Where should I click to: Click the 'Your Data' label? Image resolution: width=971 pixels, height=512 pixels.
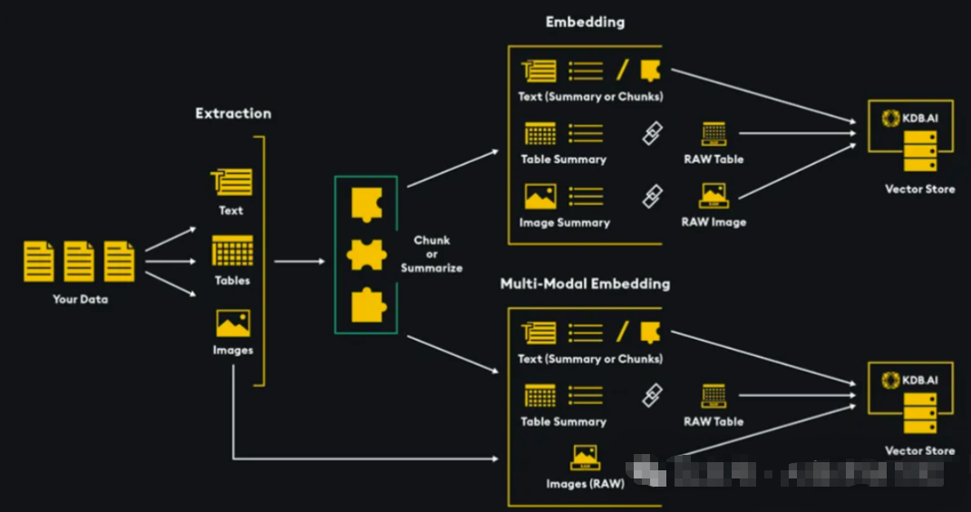(80, 299)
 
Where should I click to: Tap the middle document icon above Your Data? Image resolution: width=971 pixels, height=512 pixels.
(79, 261)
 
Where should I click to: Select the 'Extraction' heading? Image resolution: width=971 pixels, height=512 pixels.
(233, 113)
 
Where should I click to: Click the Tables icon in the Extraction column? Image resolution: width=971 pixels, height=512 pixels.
(232, 250)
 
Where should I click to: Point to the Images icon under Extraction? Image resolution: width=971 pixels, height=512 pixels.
(233, 324)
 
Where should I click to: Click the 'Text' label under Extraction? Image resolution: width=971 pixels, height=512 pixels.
(231, 210)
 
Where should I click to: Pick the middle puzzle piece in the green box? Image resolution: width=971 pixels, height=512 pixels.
(366, 255)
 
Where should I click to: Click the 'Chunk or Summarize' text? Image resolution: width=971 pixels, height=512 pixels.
(432, 255)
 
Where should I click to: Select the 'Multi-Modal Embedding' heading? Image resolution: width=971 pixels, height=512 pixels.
(585, 284)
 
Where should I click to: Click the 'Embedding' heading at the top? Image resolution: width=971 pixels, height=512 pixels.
(585, 22)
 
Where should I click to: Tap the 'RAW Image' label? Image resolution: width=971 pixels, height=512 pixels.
(714, 222)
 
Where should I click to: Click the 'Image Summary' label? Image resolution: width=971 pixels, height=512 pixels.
(564, 223)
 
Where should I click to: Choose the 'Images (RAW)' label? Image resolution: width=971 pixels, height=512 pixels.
(585, 484)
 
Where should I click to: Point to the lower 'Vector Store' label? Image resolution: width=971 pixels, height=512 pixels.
(919, 450)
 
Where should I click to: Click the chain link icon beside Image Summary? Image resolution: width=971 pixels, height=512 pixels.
(652, 196)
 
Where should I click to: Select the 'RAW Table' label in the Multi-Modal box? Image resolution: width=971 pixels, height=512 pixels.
(714, 421)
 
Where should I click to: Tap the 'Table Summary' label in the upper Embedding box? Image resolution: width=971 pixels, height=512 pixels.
(563, 159)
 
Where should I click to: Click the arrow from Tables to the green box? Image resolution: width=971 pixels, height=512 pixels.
(299, 261)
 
